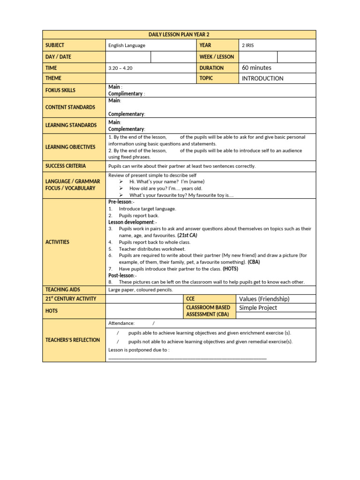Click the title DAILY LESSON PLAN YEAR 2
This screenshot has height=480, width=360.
pos(179,35)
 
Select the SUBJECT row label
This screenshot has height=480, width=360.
pos(55,45)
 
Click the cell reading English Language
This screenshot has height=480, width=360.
pos(127,45)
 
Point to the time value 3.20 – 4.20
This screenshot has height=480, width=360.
pos(120,68)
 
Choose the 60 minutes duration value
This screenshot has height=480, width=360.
pos(256,68)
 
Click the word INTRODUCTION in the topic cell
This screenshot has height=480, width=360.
pos(262,78)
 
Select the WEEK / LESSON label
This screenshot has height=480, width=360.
pos(217,57)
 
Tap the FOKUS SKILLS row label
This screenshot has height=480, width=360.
pos(60,90)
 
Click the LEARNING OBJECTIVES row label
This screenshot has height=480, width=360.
pos(70,147)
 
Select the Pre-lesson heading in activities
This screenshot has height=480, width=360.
pos(121,202)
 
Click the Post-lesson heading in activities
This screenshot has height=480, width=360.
pos(122,276)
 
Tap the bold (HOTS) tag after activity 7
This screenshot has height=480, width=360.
pos(230,269)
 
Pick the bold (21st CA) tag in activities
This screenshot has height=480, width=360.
pos(187,235)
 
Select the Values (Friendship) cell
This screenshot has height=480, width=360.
pos(264,299)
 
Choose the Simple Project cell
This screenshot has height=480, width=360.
pos(258,308)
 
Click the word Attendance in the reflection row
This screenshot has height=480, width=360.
pos(121,323)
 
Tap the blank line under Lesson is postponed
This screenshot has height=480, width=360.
pos(187,358)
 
